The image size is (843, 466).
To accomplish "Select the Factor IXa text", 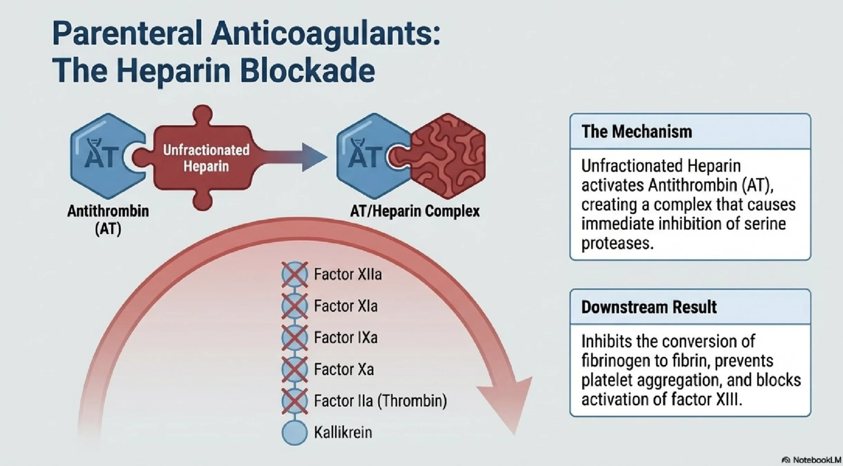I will coord(345,338).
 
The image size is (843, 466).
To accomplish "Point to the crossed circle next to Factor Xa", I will coord(294,369).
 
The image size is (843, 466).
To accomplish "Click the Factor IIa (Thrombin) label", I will coord(380,401).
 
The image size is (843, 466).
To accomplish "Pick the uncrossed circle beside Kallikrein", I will coord(294,432).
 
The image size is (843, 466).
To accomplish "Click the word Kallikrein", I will coord(343,432).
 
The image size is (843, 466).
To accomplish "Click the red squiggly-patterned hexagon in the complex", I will coord(449,156).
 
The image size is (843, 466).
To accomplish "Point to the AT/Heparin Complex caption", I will coord(415,211).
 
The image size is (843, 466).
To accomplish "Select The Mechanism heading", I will coord(636,132).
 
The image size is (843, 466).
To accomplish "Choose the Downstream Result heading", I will coord(649,307).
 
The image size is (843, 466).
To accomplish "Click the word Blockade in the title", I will coord(307,71).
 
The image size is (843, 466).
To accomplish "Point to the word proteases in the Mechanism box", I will coord(617,243).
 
